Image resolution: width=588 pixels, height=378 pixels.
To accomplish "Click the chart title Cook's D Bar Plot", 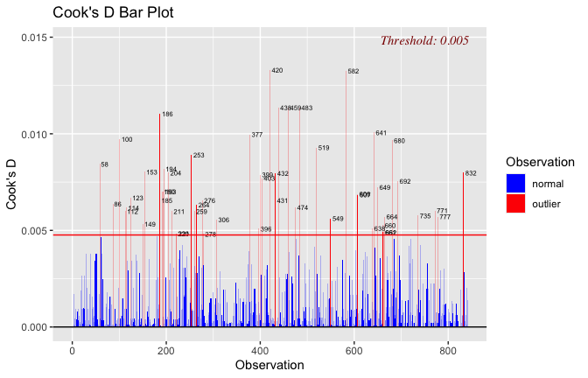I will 113,13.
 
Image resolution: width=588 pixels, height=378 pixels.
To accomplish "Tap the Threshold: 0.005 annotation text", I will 424,40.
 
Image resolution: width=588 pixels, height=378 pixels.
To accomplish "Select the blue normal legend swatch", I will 516,183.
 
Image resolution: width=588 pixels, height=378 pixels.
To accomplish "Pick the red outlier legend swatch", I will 516,203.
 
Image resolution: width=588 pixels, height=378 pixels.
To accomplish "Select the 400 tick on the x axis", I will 260,347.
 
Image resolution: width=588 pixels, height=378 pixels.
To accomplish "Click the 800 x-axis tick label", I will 448,347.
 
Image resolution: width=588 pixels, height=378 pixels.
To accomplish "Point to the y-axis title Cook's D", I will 12,183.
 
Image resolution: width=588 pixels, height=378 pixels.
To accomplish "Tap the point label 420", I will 277,71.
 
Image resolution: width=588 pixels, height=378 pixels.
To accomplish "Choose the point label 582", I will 353,72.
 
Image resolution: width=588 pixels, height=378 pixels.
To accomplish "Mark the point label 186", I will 167,115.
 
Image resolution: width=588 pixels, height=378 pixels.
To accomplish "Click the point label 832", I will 471,173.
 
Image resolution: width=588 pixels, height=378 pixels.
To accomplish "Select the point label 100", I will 127,140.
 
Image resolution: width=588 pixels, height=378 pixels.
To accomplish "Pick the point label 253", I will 199,156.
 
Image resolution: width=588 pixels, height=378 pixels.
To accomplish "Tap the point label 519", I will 324,149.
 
